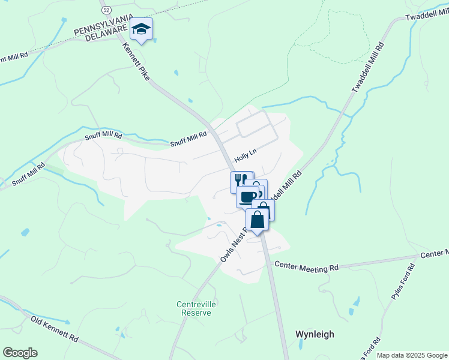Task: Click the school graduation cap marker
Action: click(141, 29)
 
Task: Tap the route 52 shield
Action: click(106, 10)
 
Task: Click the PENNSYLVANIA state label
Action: click(101, 29)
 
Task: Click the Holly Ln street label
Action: click(245, 157)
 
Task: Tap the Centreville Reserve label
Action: click(196, 308)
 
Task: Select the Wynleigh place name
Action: click(315, 334)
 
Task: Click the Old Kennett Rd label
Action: click(55, 329)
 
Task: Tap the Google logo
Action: click(20, 353)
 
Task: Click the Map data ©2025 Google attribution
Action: click(412, 355)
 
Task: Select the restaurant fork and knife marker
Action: click(241, 181)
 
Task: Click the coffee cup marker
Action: click(247, 196)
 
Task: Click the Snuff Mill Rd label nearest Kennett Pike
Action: click(188, 140)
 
